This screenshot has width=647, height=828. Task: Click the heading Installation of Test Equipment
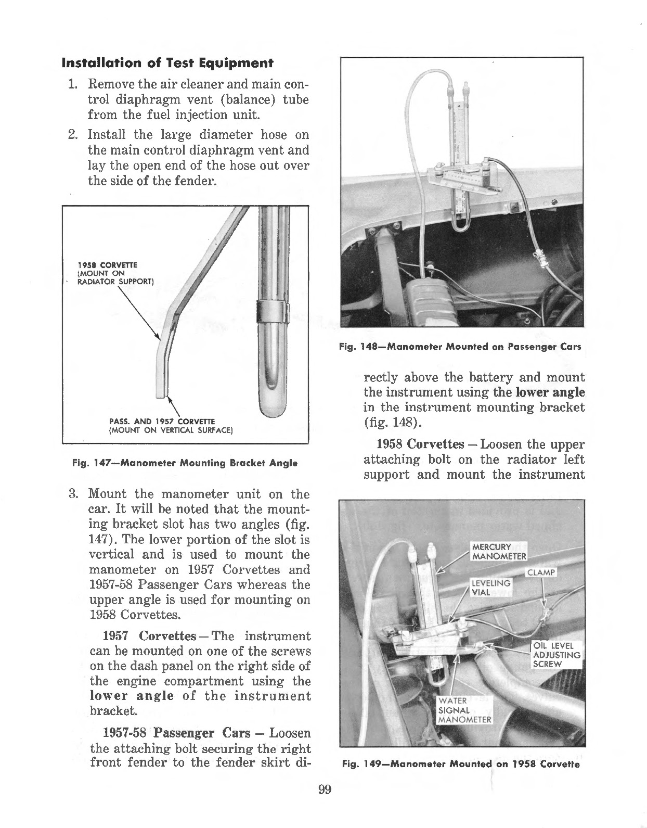167,63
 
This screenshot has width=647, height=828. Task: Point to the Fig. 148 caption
460,347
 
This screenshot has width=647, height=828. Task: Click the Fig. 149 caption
460,765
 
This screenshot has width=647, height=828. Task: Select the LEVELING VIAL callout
490,588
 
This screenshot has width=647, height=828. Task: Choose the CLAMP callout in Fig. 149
541,573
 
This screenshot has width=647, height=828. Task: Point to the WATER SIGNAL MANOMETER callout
464,710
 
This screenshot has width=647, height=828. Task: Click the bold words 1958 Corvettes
420,444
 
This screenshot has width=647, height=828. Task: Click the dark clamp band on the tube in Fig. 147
271,311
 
